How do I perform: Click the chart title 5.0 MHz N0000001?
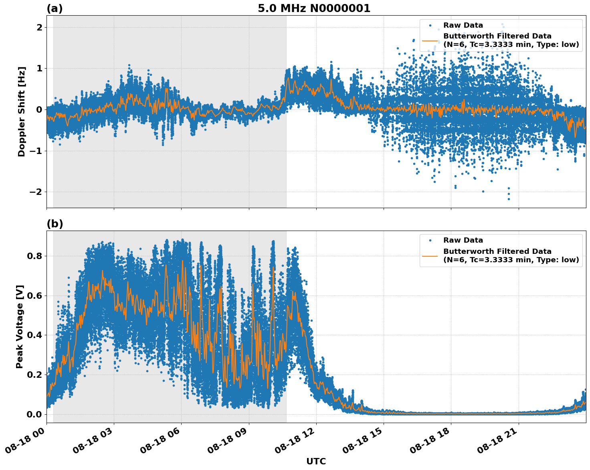(x=314, y=8)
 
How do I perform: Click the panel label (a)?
(x=55, y=8)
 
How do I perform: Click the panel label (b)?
(x=55, y=224)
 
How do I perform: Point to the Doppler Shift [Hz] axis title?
(x=22, y=111)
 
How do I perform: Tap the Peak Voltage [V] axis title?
(x=20, y=326)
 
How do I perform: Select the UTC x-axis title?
(x=316, y=461)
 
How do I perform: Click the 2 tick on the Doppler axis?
(x=39, y=27)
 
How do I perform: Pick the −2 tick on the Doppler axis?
(x=35, y=192)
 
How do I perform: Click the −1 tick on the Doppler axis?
(x=35, y=151)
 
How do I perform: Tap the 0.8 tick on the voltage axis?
(x=34, y=256)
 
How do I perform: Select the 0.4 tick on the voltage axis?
(x=34, y=335)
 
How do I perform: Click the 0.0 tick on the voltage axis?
(x=34, y=414)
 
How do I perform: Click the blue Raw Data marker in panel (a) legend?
(x=430, y=25)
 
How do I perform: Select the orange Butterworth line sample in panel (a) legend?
(x=430, y=41)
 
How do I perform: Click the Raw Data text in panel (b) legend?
(x=463, y=240)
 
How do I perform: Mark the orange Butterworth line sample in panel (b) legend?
(x=430, y=255)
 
